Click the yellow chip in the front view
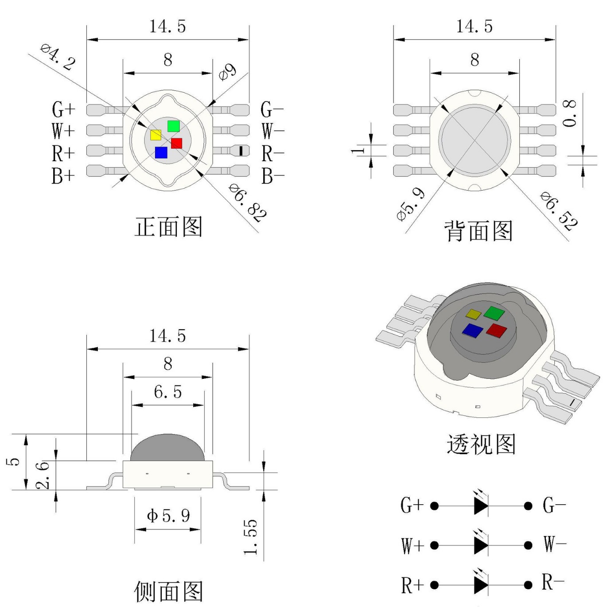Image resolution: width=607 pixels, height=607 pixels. tap(156, 135)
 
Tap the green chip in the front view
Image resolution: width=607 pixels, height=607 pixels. tap(173, 126)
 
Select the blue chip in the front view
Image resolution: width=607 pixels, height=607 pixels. tap(161, 152)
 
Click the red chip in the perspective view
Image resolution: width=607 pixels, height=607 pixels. tap(496, 330)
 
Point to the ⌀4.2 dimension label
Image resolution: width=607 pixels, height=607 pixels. tap(58, 57)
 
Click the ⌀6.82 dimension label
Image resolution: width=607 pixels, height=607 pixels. tap(248, 202)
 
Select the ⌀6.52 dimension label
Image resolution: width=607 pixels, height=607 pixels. tap(559, 210)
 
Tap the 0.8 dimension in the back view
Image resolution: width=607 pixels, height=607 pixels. tap(570, 113)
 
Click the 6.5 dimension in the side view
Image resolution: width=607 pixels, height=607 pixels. tap(167, 392)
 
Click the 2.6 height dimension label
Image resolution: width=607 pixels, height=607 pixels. tap(42, 475)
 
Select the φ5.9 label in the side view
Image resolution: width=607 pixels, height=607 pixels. tap(168, 515)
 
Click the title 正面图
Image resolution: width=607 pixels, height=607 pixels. tap(168, 227)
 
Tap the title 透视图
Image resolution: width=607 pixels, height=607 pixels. tap(481, 444)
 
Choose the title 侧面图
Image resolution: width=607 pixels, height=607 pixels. tap(168, 591)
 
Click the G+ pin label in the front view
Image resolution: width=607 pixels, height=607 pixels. tap(63, 109)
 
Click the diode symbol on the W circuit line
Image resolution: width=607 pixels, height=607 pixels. tap(480, 545)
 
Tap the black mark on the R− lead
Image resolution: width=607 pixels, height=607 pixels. tap(241, 151)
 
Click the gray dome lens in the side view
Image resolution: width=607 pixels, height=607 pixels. tap(167, 447)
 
